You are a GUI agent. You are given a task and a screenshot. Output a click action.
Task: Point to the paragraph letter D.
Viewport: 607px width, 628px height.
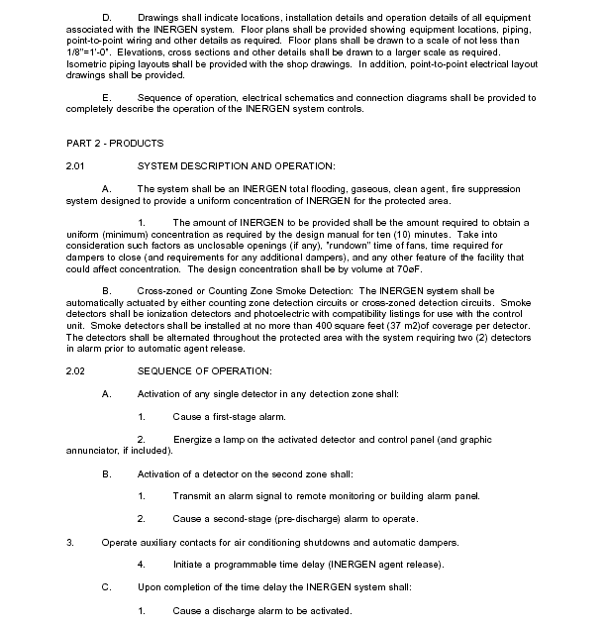pyautogui.click(x=106, y=18)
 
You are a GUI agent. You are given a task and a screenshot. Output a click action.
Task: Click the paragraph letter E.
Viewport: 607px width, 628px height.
pyautogui.click(x=106, y=98)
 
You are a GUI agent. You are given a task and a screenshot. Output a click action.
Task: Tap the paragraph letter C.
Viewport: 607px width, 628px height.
pyautogui.click(x=106, y=587)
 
